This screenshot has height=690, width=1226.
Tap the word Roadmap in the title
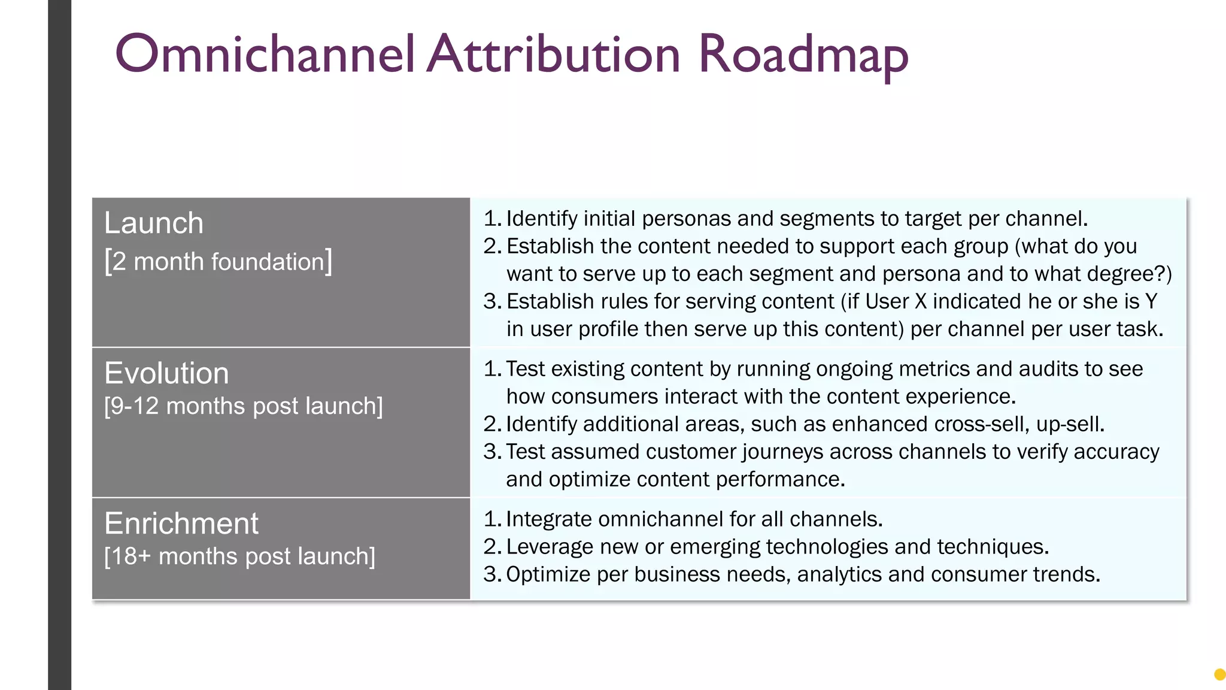(x=803, y=55)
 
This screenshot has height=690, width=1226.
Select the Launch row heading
(x=154, y=223)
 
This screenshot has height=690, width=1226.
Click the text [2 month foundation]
(x=219, y=262)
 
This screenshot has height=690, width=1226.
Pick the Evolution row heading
(x=166, y=373)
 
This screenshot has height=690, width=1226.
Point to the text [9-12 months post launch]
(x=244, y=406)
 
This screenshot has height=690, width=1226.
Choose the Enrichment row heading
(x=181, y=523)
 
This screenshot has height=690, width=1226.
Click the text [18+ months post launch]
(x=240, y=556)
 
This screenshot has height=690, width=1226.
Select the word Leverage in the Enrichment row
(x=550, y=547)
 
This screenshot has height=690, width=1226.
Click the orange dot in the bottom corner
(x=1219, y=675)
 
